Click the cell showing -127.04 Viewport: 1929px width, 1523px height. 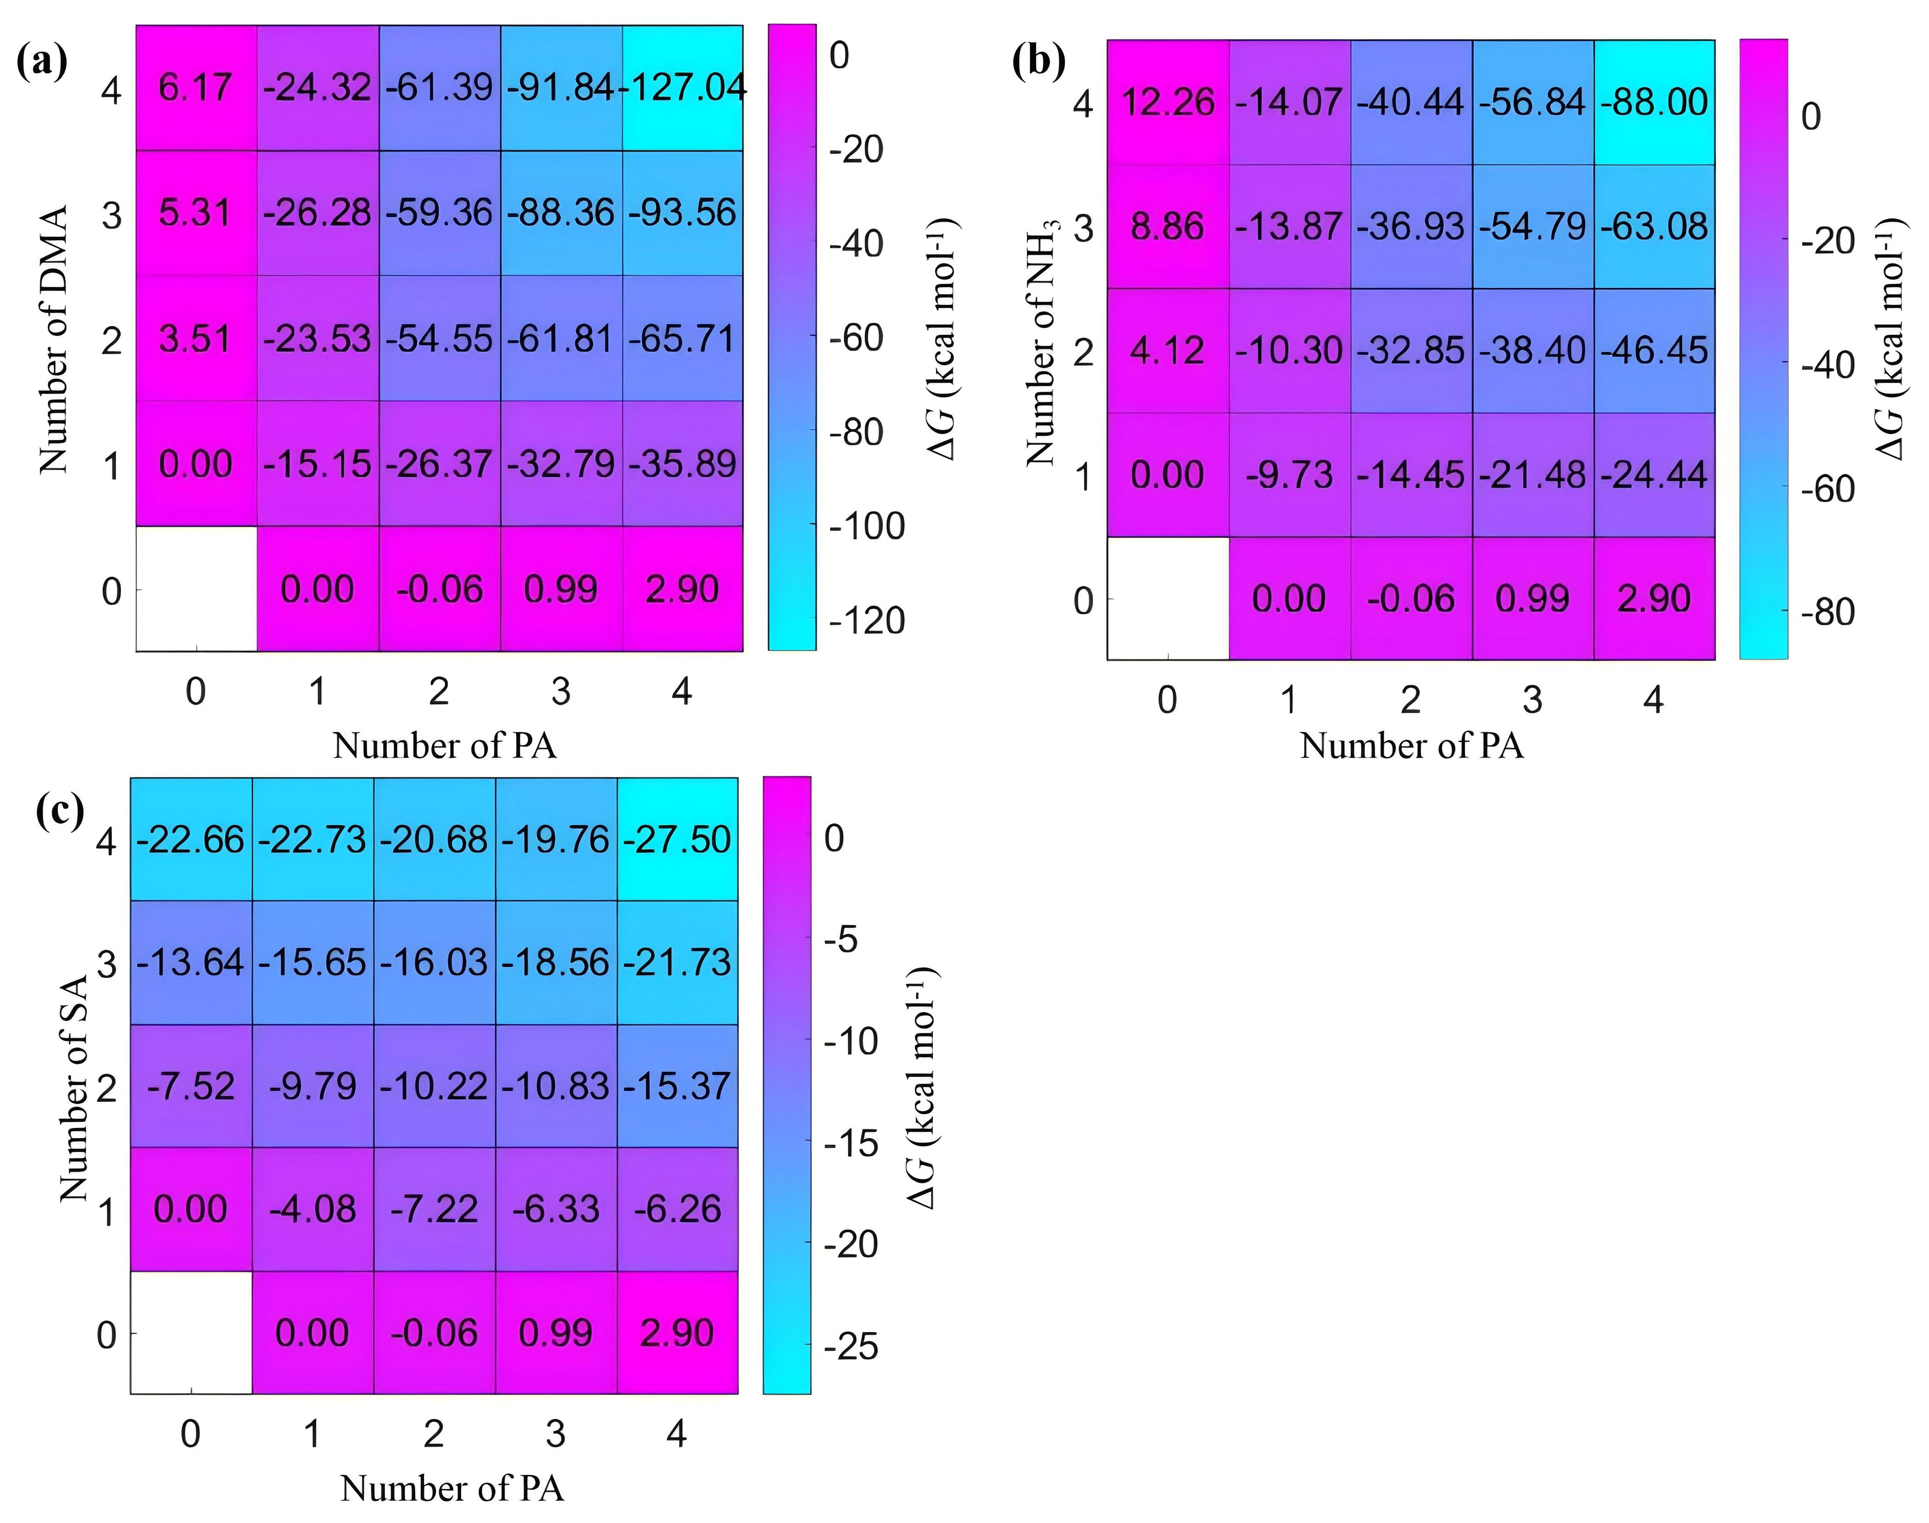point(682,87)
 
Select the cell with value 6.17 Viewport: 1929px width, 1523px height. point(196,87)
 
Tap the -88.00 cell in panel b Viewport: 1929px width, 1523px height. point(1654,102)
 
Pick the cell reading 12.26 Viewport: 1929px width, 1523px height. point(1168,102)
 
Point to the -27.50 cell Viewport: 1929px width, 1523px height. point(678,839)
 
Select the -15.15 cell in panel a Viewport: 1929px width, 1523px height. point(318,464)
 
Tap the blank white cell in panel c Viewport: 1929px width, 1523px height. point(191,1332)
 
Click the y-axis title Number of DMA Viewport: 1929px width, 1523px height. point(54,339)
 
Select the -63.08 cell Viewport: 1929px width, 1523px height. point(1654,226)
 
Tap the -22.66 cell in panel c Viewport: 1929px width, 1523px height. point(191,839)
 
